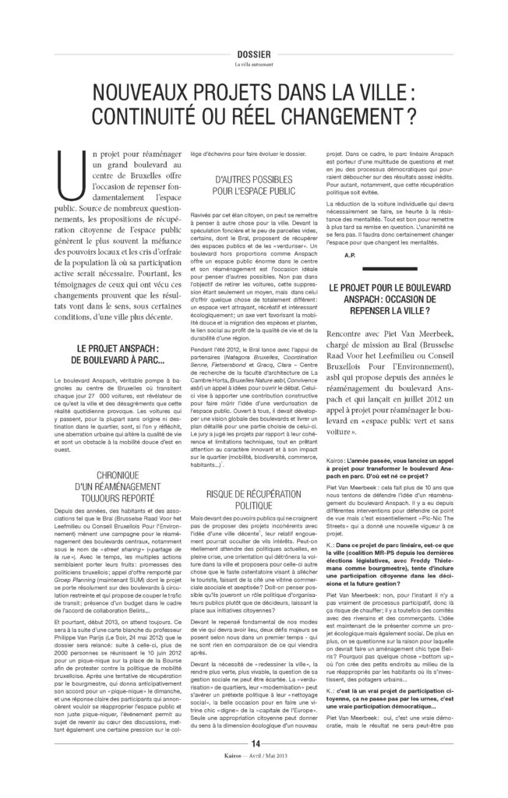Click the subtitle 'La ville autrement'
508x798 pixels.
[253, 65]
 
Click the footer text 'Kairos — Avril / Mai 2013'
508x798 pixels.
[254, 781]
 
